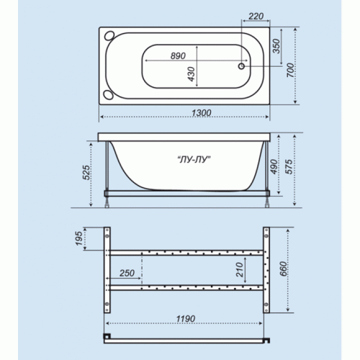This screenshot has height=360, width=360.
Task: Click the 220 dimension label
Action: tap(256, 17)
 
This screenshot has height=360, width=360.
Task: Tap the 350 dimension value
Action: tap(276, 46)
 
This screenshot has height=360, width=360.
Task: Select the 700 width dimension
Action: tap(290, 70)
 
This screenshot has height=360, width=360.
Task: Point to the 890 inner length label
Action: tap(178, 56)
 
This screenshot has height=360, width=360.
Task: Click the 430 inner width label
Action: tap(192, 74)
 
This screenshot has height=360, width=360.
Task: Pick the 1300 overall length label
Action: tap(201, 113)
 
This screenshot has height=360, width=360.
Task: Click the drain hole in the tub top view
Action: tap(241, 66)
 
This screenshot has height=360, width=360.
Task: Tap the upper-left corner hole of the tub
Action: tap(109, 36)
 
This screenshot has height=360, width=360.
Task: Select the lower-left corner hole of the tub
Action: tap(108, 94)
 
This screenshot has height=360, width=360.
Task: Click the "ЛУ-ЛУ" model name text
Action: tap(194, 159)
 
